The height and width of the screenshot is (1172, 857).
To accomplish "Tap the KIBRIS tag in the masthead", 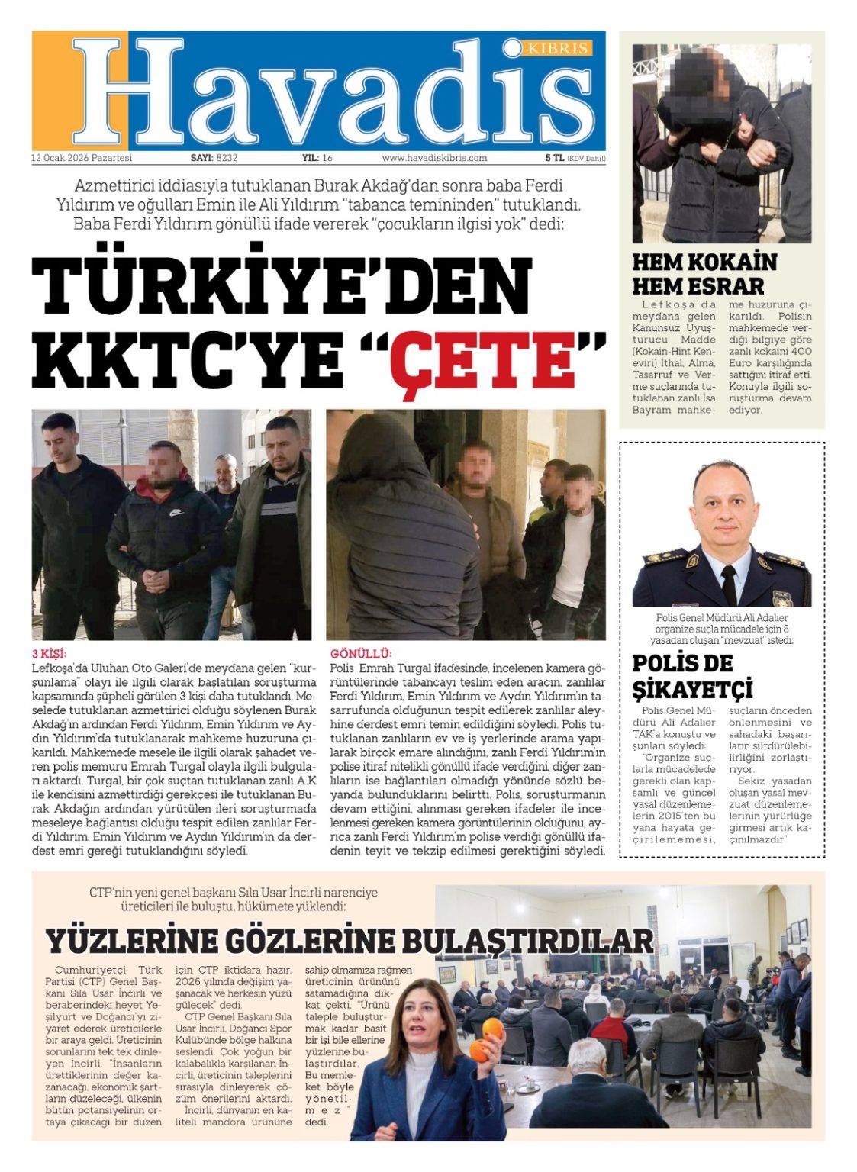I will click(558, 49).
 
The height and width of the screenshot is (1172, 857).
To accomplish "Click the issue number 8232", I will click(227, 158).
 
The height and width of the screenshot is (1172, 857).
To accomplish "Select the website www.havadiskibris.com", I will click(434, 158).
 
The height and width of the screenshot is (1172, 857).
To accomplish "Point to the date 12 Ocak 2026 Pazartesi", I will click(82, 158).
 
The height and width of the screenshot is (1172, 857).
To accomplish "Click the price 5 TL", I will click(554, 158).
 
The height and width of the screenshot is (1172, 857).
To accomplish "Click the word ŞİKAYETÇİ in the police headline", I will click(692, 689).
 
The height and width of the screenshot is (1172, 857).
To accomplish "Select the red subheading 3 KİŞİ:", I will click(49, 654).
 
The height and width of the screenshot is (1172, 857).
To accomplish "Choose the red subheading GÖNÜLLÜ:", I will click(361, 654).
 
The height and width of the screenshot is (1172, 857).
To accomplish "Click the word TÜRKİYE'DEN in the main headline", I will click(281, 284).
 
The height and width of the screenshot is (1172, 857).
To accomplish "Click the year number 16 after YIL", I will click(327, 158).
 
